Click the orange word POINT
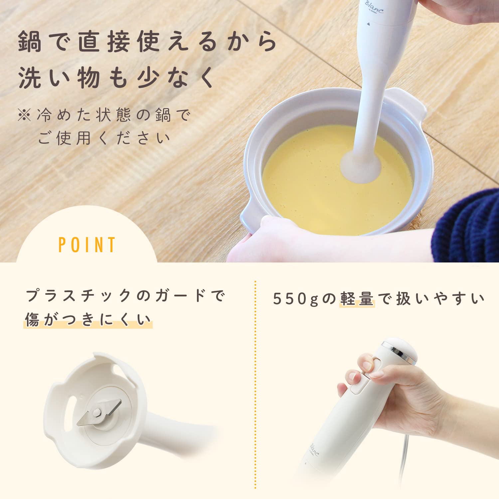(x=87, y=245)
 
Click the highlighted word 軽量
(x=357, y=299)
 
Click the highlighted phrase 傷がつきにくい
(x=88, y=320)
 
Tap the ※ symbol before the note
(x=24, y=115)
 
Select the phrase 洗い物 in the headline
(x=59, y=78)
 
